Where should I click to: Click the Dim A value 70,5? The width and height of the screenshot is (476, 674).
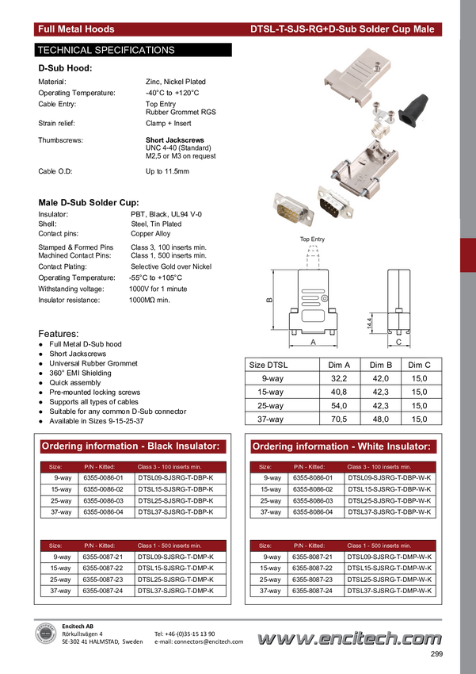[x=339, y=419]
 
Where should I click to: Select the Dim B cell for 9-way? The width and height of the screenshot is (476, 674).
[x=381, y=379]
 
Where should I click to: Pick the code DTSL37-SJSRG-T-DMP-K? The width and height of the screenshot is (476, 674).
[x=176, y=591]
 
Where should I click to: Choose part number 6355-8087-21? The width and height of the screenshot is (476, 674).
[x=313, y=557]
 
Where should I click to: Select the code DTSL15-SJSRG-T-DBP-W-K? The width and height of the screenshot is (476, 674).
[x=390, y=489]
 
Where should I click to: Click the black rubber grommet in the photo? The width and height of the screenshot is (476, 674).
[x=413, y=109]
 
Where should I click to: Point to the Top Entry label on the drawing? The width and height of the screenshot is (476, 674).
[x=312, y=239]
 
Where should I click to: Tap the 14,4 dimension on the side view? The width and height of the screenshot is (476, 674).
[x=370, y=324]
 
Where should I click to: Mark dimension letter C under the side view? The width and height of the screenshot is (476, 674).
[x=398, y=343]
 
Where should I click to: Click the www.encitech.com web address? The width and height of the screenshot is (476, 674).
[x=349, y=639]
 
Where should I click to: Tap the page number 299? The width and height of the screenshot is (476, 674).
[x=436, y=654]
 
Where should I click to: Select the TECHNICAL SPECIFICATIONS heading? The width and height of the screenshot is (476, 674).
[x=106, y=50]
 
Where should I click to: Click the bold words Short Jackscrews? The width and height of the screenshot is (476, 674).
[x=175, y=140]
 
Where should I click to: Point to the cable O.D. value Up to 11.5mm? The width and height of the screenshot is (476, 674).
[x=167, y=171]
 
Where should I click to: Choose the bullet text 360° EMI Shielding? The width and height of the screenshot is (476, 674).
[x=80, y=373]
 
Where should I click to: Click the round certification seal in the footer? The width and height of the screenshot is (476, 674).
[x=45, y=634]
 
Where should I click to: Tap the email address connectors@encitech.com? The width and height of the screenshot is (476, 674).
[x=199, y=641]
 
